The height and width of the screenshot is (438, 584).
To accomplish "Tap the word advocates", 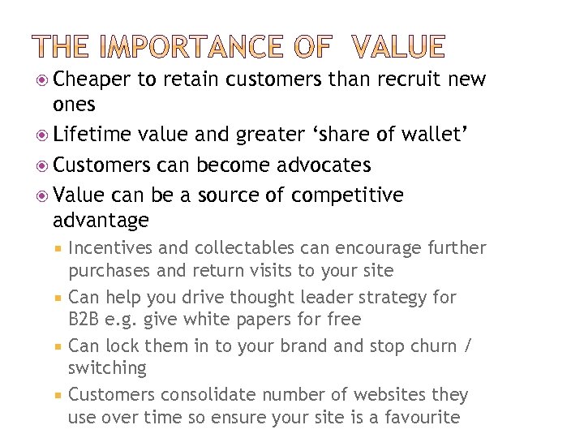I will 324,165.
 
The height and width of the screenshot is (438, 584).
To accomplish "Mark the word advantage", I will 101,220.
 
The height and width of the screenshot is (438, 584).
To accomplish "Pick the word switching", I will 107,368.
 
